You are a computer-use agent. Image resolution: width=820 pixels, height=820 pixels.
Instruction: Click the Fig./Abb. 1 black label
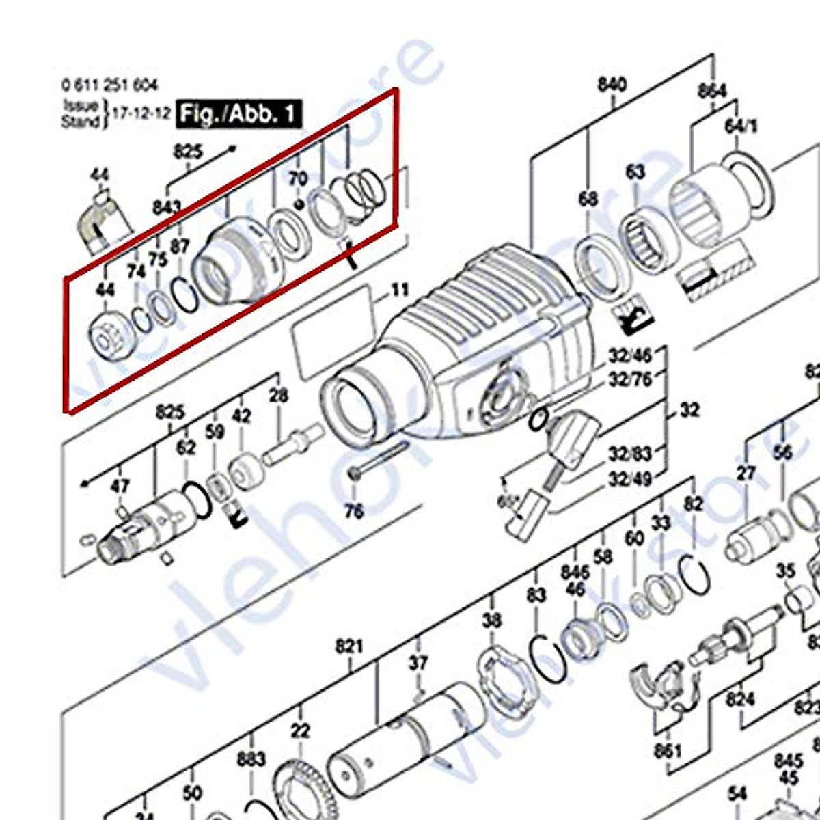coord(238,113)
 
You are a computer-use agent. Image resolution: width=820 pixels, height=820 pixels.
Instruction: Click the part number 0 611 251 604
coord(109,85)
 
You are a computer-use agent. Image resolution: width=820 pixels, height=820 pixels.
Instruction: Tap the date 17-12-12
coord(141,113)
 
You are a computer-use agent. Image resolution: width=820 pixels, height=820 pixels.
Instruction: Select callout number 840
coord(612,84)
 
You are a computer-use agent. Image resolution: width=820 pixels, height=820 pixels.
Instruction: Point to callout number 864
coord(712,90)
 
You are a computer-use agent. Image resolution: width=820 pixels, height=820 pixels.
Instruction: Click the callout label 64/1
coord(741,126)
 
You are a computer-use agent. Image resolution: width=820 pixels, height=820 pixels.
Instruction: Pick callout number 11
coord(399,290)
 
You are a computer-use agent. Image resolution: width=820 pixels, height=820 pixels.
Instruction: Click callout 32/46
coord(630,356)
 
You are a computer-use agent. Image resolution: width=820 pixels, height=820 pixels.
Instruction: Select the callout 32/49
coord(630,479)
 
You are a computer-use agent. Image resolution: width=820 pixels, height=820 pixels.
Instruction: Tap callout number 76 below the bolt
coord(354,510)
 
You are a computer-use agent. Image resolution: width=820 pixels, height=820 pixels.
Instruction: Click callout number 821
coord(348,646)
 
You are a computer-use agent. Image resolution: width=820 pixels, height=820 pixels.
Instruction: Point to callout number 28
coord(278,394)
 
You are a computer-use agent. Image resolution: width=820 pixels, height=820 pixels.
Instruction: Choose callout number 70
coord(297,179)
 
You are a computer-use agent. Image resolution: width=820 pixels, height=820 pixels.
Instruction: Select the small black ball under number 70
coord(299,204)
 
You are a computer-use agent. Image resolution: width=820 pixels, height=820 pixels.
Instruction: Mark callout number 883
coord(251,758)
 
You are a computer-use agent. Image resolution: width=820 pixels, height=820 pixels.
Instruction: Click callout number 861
coord(667,750)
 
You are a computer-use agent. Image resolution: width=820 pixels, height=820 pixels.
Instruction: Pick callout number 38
coord(491,620)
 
